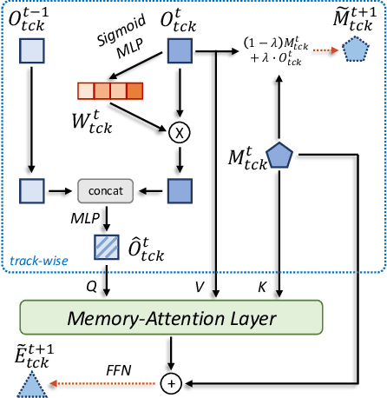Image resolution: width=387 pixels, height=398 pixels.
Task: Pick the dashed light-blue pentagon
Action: click(354, 52)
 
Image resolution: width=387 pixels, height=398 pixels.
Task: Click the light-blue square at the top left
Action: click(31, 53)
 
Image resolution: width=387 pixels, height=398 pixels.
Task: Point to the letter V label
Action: click(200, 282)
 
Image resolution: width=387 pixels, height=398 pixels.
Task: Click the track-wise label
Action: click(38, 259)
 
